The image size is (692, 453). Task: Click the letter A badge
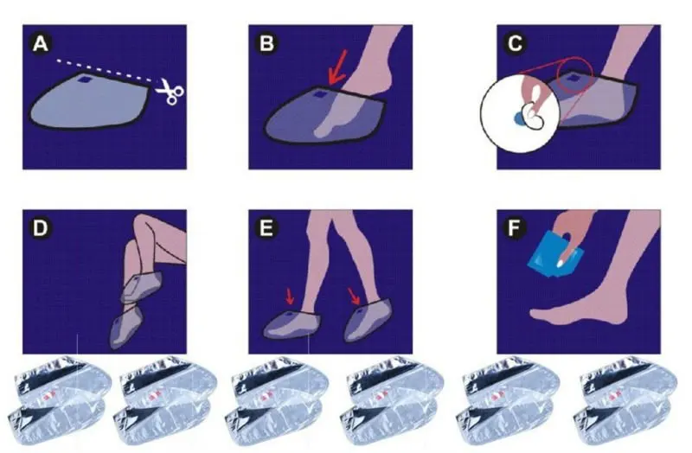40,44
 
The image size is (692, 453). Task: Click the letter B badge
266,44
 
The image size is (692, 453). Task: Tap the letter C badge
515,44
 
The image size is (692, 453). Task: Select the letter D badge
40,228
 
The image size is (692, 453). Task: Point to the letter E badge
266,228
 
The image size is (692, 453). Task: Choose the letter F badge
515,228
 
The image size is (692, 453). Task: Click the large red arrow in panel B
337,67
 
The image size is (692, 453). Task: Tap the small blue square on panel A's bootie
84,79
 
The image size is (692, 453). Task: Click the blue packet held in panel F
553,256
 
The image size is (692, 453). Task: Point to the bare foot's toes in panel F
541,314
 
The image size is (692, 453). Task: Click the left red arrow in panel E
289,296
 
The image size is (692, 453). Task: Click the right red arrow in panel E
354,296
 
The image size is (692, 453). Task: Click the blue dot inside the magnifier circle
517,118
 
